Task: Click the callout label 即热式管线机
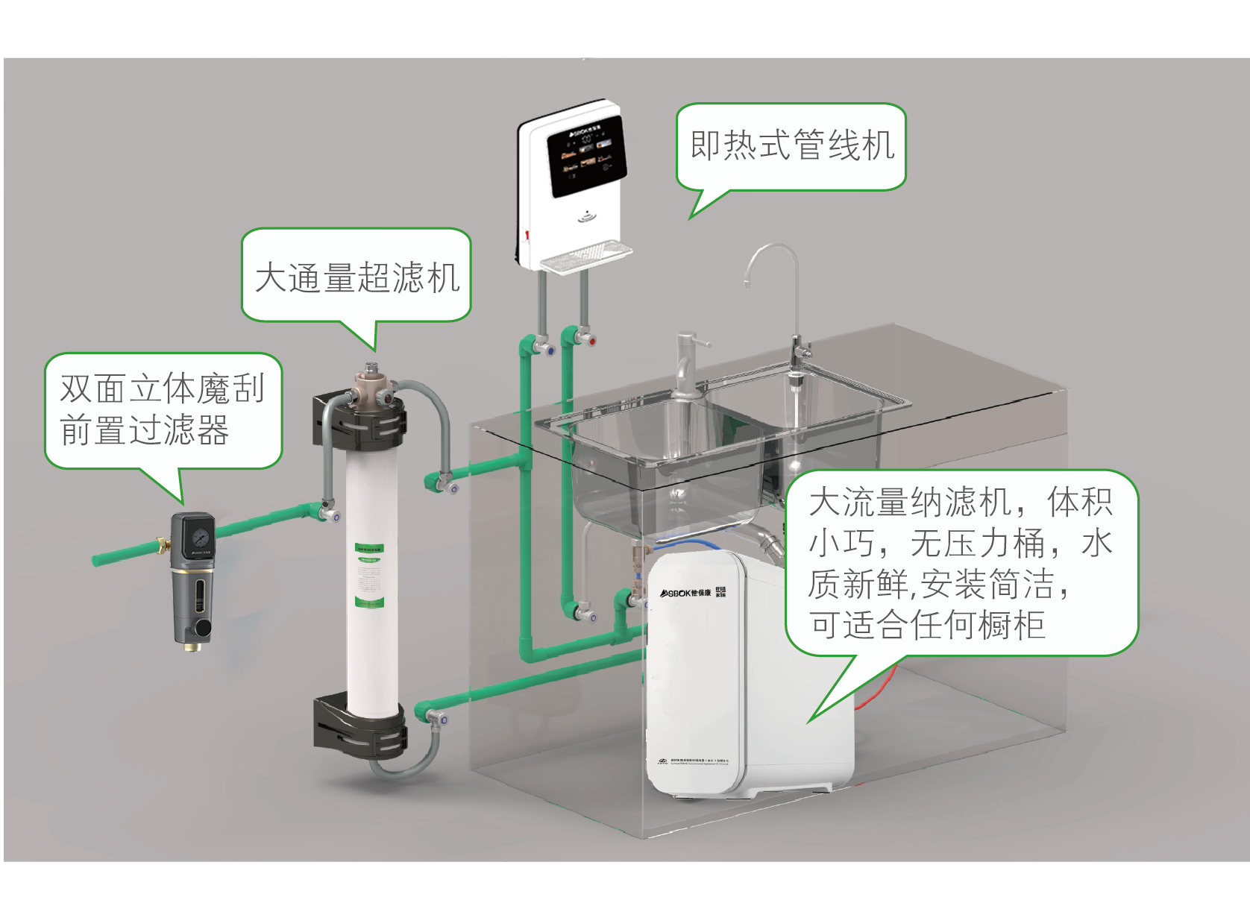click(x=791, y=145)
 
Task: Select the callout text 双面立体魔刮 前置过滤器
click(x=162, y=409)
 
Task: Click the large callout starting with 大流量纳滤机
click(x=961, y=563)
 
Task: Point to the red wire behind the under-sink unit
click(x=880, y=690)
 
